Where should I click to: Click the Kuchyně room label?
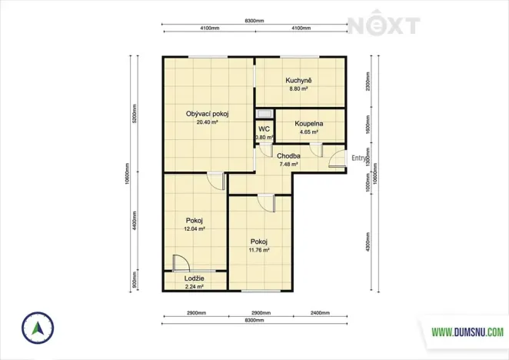point(298,80)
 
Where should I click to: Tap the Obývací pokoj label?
point(208,114)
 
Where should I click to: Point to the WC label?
point(264,129)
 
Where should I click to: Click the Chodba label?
point(288,155)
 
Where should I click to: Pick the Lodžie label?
point(194,278)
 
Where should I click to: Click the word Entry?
point(359,158)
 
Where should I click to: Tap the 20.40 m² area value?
point(208,122)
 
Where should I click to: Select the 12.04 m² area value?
point(194,228)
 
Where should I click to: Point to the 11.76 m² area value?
point(258,250)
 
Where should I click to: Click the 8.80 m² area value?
point(298,88)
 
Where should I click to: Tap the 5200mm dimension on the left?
point(134,114)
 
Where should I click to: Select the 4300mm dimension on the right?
point(369,245)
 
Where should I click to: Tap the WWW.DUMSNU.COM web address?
point(467,332)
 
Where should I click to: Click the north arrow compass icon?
point(35,329)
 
